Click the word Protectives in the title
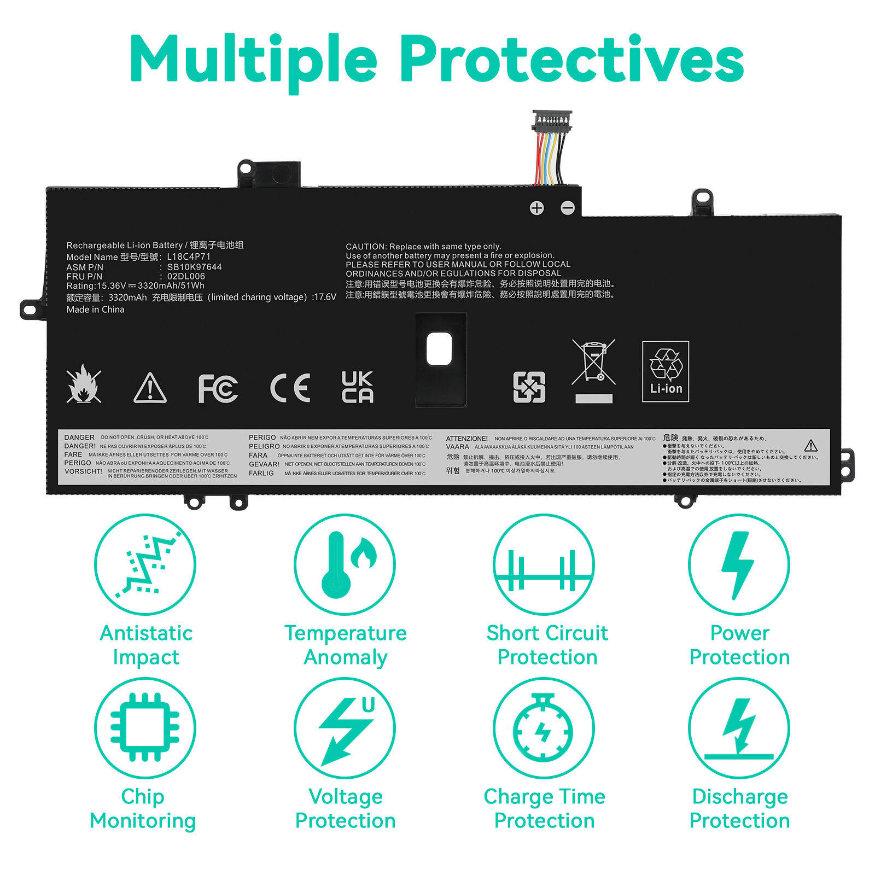tap(572, 59)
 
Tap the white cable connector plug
tap(552, 121)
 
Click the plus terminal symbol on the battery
tap(537, 208)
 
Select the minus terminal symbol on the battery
tap(568, 208)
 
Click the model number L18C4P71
tap(189, 256)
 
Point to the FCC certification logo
tap(218, 388)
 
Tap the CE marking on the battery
tap(290, 388)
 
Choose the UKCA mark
tap(357, 387)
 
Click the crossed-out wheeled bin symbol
tap(593, 369)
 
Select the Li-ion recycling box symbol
tap(665, 371)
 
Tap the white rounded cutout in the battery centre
tap(439, 349)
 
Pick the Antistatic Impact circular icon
tap(145, 564)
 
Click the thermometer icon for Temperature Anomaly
tap(345, 564)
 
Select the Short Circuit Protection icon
tap(544, 564)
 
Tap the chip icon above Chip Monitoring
tap(145, 728)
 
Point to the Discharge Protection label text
tap(739, 808)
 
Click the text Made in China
tap(95, 310)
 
